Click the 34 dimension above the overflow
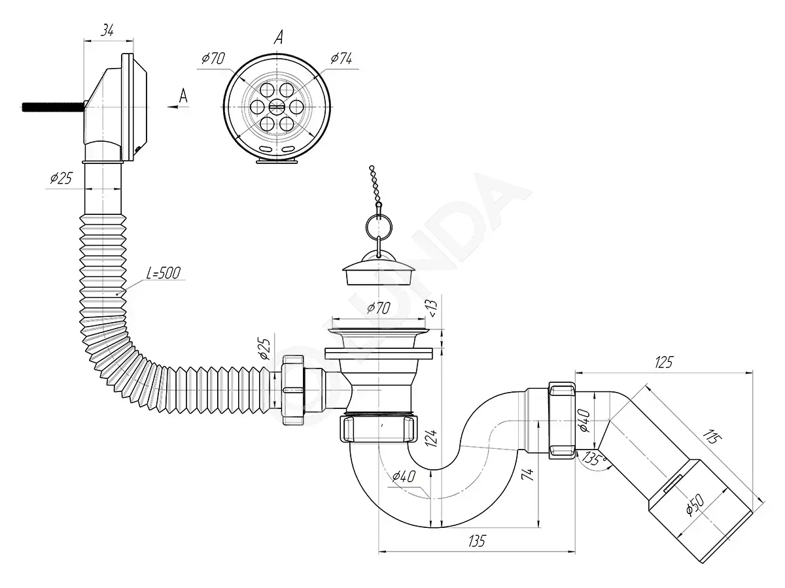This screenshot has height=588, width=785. click(x=107, y=30)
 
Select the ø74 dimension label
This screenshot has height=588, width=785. click(x=341, y=58)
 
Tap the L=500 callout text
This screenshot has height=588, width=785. click(x=164, y=272)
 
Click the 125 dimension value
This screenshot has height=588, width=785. click(x=663, y=362)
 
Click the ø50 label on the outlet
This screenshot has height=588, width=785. click(x=695, y=505)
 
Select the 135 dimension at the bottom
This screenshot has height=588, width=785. click(x=476, y=541)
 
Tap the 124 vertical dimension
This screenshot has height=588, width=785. click(x=431, y=438)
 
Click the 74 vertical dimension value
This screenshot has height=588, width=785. click(x=528, y=474)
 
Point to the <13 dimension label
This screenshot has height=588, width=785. click(x=432, y=308)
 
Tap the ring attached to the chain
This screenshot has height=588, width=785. click(x=379, y=226)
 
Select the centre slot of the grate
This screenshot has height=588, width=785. click(x=277, y=106)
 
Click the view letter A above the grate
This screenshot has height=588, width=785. click(x=279, y=37)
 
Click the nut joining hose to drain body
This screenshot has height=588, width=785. click(x=293, y=390)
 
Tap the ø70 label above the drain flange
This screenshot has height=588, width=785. click(x=379, y=308)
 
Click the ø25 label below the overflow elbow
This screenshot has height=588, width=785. click(x=61, y=178)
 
